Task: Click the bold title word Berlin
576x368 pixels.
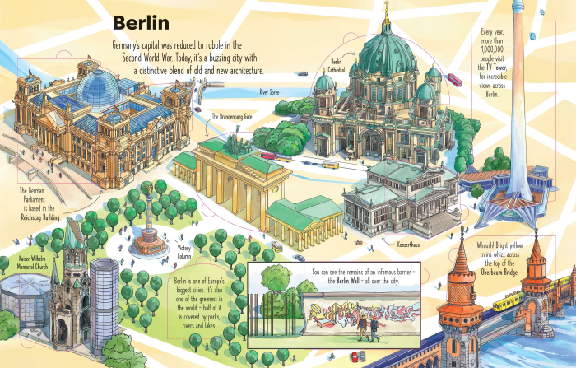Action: point(141,22)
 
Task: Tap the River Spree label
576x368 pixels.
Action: point(270,93)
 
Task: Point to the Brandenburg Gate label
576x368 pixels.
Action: point(231,117)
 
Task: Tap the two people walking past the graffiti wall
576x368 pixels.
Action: point(369,328)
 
